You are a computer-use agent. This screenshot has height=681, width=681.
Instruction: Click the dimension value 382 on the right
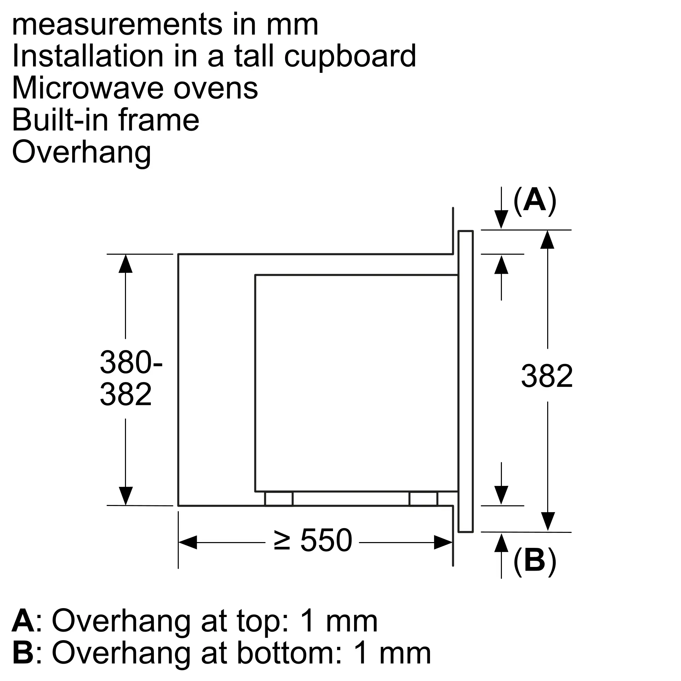point(547,376)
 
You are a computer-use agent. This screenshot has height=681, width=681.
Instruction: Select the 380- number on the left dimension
point(131,362)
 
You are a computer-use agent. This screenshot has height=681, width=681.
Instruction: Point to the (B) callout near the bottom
point(535,560)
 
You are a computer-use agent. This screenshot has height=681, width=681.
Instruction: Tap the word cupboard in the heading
point(350,57)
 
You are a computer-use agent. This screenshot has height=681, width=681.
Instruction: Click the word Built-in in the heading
point(60,120)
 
